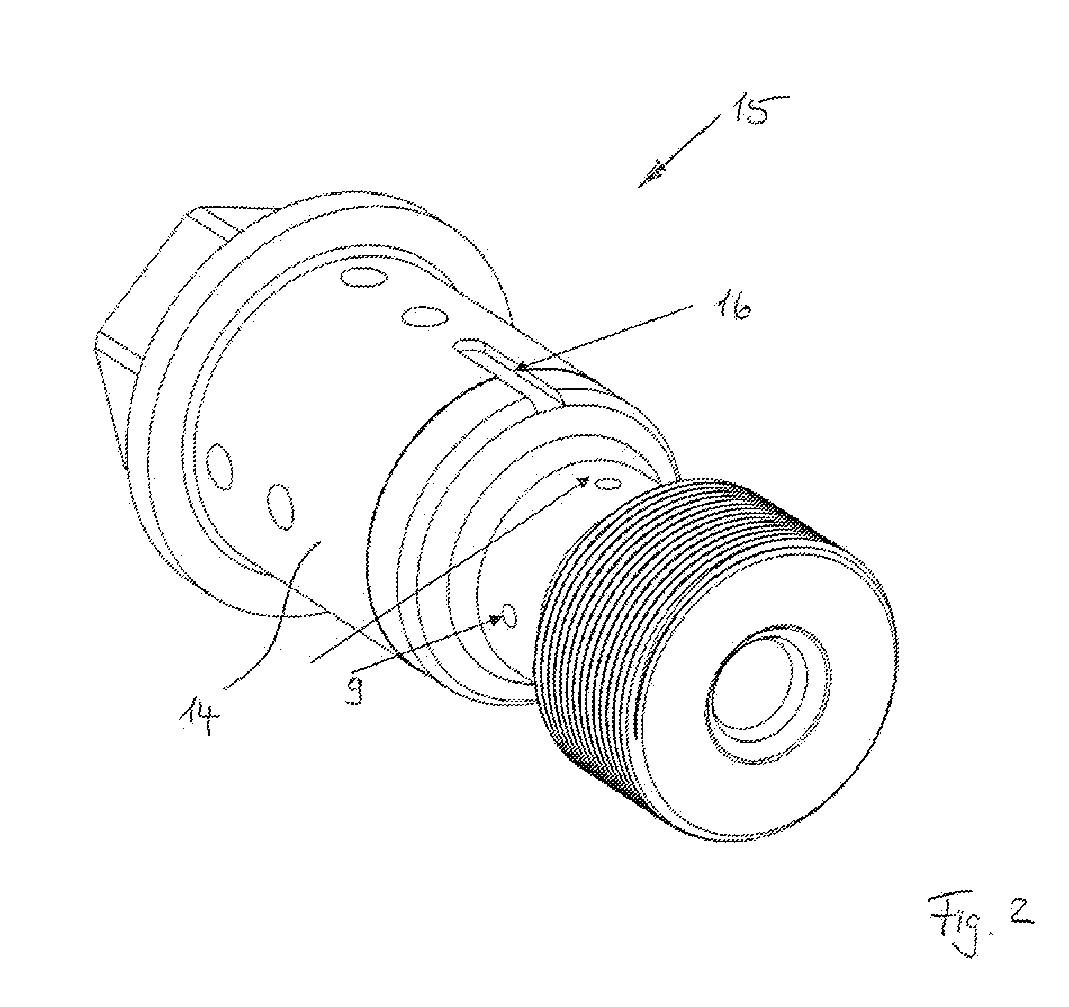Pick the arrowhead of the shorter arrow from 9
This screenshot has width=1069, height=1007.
pyautogui.click(x=495, y=620)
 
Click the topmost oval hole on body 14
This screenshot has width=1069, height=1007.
pyautogui.click(x=364, y=278)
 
